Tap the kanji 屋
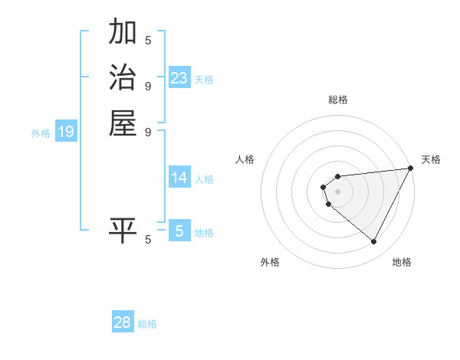coord(123,123)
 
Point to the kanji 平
coord(123,230)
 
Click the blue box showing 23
coord(179,78)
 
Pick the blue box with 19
coord(66,133)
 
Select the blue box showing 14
coord(179,178)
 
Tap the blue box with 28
coord(123,322)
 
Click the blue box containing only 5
coord(179,231)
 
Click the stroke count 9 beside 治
coord(148,85)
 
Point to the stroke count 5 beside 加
coord(148,40)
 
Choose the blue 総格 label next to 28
coord(148,324)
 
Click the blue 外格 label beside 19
coord(41,133)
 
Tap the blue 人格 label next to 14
coord(205,179)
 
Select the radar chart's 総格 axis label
coord(338,100)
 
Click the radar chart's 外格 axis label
coord(270,262)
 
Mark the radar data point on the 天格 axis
coord(411,169)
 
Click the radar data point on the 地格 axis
coord(374,242)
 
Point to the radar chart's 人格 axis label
coord(245,159)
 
